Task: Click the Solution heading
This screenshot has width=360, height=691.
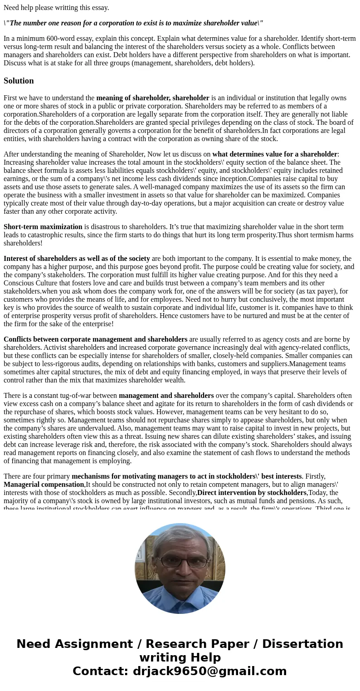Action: pyautogui.click(x=19, y=81)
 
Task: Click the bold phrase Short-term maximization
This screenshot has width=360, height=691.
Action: pyautogui.click(x=43, y=227)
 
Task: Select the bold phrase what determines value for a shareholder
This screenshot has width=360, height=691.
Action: pyautogui.click(x=275, y=154)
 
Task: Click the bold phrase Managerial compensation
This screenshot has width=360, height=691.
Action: pyautogui.click(x=44, y=485)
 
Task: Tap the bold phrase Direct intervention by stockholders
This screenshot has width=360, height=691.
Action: pyautogui.click(x=252, y=493)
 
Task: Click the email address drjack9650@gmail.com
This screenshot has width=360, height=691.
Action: pyautogui.click(x=209, y=671)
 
